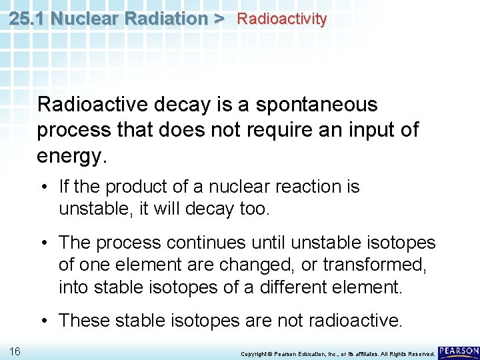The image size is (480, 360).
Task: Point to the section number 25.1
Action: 28,19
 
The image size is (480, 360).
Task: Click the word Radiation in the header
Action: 167,19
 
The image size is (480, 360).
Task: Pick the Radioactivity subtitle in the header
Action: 282,19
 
